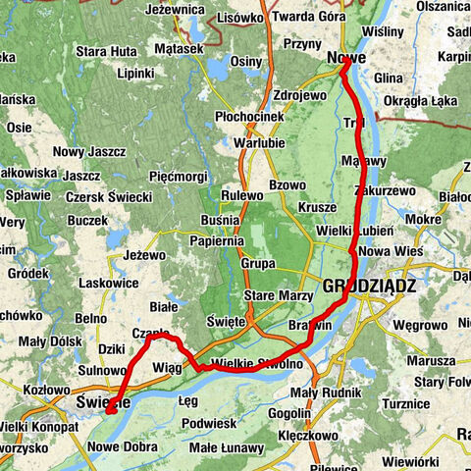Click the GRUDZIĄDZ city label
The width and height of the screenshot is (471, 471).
(369, 287)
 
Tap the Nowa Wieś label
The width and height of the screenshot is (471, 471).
(390, 251)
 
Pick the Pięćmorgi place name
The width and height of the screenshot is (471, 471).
(178, 177)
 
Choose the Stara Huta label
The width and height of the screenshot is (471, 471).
(105, 49)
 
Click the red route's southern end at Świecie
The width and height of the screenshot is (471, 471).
(111, 410)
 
